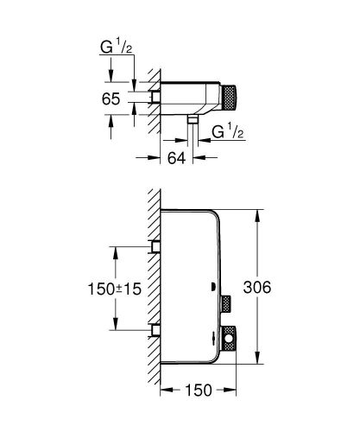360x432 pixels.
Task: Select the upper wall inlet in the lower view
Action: [157, 247]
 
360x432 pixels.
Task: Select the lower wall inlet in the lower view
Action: [157, 328]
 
